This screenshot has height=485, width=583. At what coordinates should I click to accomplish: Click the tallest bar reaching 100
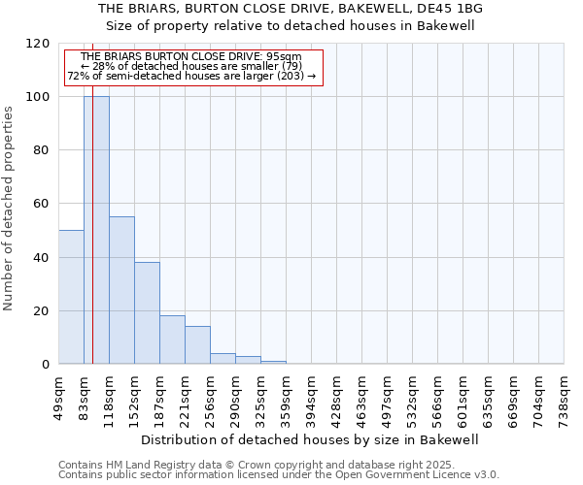[x=96, y=230]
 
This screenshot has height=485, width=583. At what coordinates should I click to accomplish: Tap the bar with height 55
[x=121, y=290]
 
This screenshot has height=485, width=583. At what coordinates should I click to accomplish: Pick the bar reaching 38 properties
[x=147, y=312]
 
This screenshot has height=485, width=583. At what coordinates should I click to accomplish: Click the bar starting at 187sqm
[x=172, y=339]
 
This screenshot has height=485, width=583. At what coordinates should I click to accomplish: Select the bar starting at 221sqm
[x=197, y=344]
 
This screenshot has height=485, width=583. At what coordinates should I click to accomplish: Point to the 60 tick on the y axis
[x=42, y=204]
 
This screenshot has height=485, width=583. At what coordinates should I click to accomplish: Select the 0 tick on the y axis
[x=46, y=365]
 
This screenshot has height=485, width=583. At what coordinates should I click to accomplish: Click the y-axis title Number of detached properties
[x=9, y=209]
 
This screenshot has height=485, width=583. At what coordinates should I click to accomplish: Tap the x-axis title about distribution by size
[x=310, y=439]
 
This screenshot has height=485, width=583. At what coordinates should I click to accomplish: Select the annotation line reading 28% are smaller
[x=191, y=66]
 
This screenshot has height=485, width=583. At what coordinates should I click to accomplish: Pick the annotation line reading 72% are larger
[x=191, y=76]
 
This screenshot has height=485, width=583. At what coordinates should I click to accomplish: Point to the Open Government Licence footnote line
[x=279, y=474]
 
